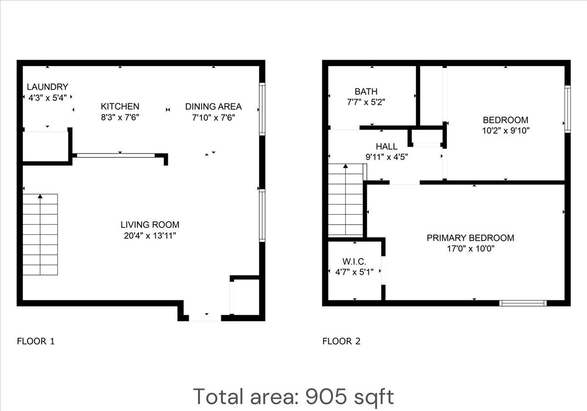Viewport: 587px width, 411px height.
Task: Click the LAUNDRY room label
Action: (x=47, y=87)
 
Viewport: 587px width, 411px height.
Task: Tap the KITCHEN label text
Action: (x=120, y=106)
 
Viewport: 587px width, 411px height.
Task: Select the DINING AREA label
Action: (x=213, y=106)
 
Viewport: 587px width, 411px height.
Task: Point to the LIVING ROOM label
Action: (x=150, y=225)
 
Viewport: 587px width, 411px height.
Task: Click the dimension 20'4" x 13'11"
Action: (x=150, y=236)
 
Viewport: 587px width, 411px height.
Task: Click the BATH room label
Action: (x=366, y=91)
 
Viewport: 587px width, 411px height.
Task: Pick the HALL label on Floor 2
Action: (x=386, y=146)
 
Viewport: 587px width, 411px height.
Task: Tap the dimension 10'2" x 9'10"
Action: (x=505, y=131)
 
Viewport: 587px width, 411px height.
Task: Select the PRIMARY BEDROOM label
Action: (x=470, y=238)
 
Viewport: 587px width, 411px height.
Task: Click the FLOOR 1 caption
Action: (x=36, y=342)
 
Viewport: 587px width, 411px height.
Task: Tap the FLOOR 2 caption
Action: (x=341, y=342)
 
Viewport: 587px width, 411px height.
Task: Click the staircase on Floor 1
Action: (x=40, y=235)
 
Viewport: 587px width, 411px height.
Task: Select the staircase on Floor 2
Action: (x=346, y=201)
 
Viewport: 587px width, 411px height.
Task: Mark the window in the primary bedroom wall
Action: (x=523, y=303)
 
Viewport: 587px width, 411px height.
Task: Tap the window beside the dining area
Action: (x=262, y=109)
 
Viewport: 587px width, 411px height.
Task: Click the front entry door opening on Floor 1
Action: (x=205, y=319)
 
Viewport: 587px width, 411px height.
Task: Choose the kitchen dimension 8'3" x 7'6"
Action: (x=120, y=117)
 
